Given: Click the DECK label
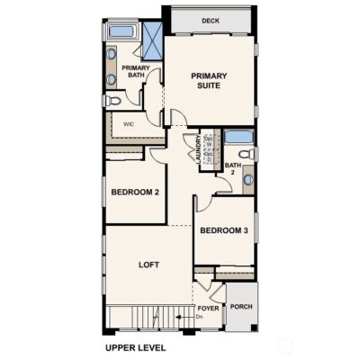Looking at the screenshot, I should [x=211, y=20].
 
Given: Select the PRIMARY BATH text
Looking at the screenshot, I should [x=136, y=71].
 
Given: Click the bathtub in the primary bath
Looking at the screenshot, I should [x=121, y=31].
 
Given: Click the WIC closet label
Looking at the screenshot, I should [x=129, y=124].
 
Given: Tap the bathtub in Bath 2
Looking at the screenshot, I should [x=238, y=137].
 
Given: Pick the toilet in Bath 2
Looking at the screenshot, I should [x=253, y=155].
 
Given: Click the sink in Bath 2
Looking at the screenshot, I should [x=247, y=179].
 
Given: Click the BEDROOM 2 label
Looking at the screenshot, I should [x=135, y=193].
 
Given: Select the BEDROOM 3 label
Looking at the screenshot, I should [x=223, y=230].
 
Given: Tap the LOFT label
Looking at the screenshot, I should [x=148, y=265].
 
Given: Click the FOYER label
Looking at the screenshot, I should [x=208, y=308].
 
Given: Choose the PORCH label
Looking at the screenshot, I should [x=240, y=306].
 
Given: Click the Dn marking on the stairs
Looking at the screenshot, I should [x=201, y=318].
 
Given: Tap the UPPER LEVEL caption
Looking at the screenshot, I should [x=136, y=346].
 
